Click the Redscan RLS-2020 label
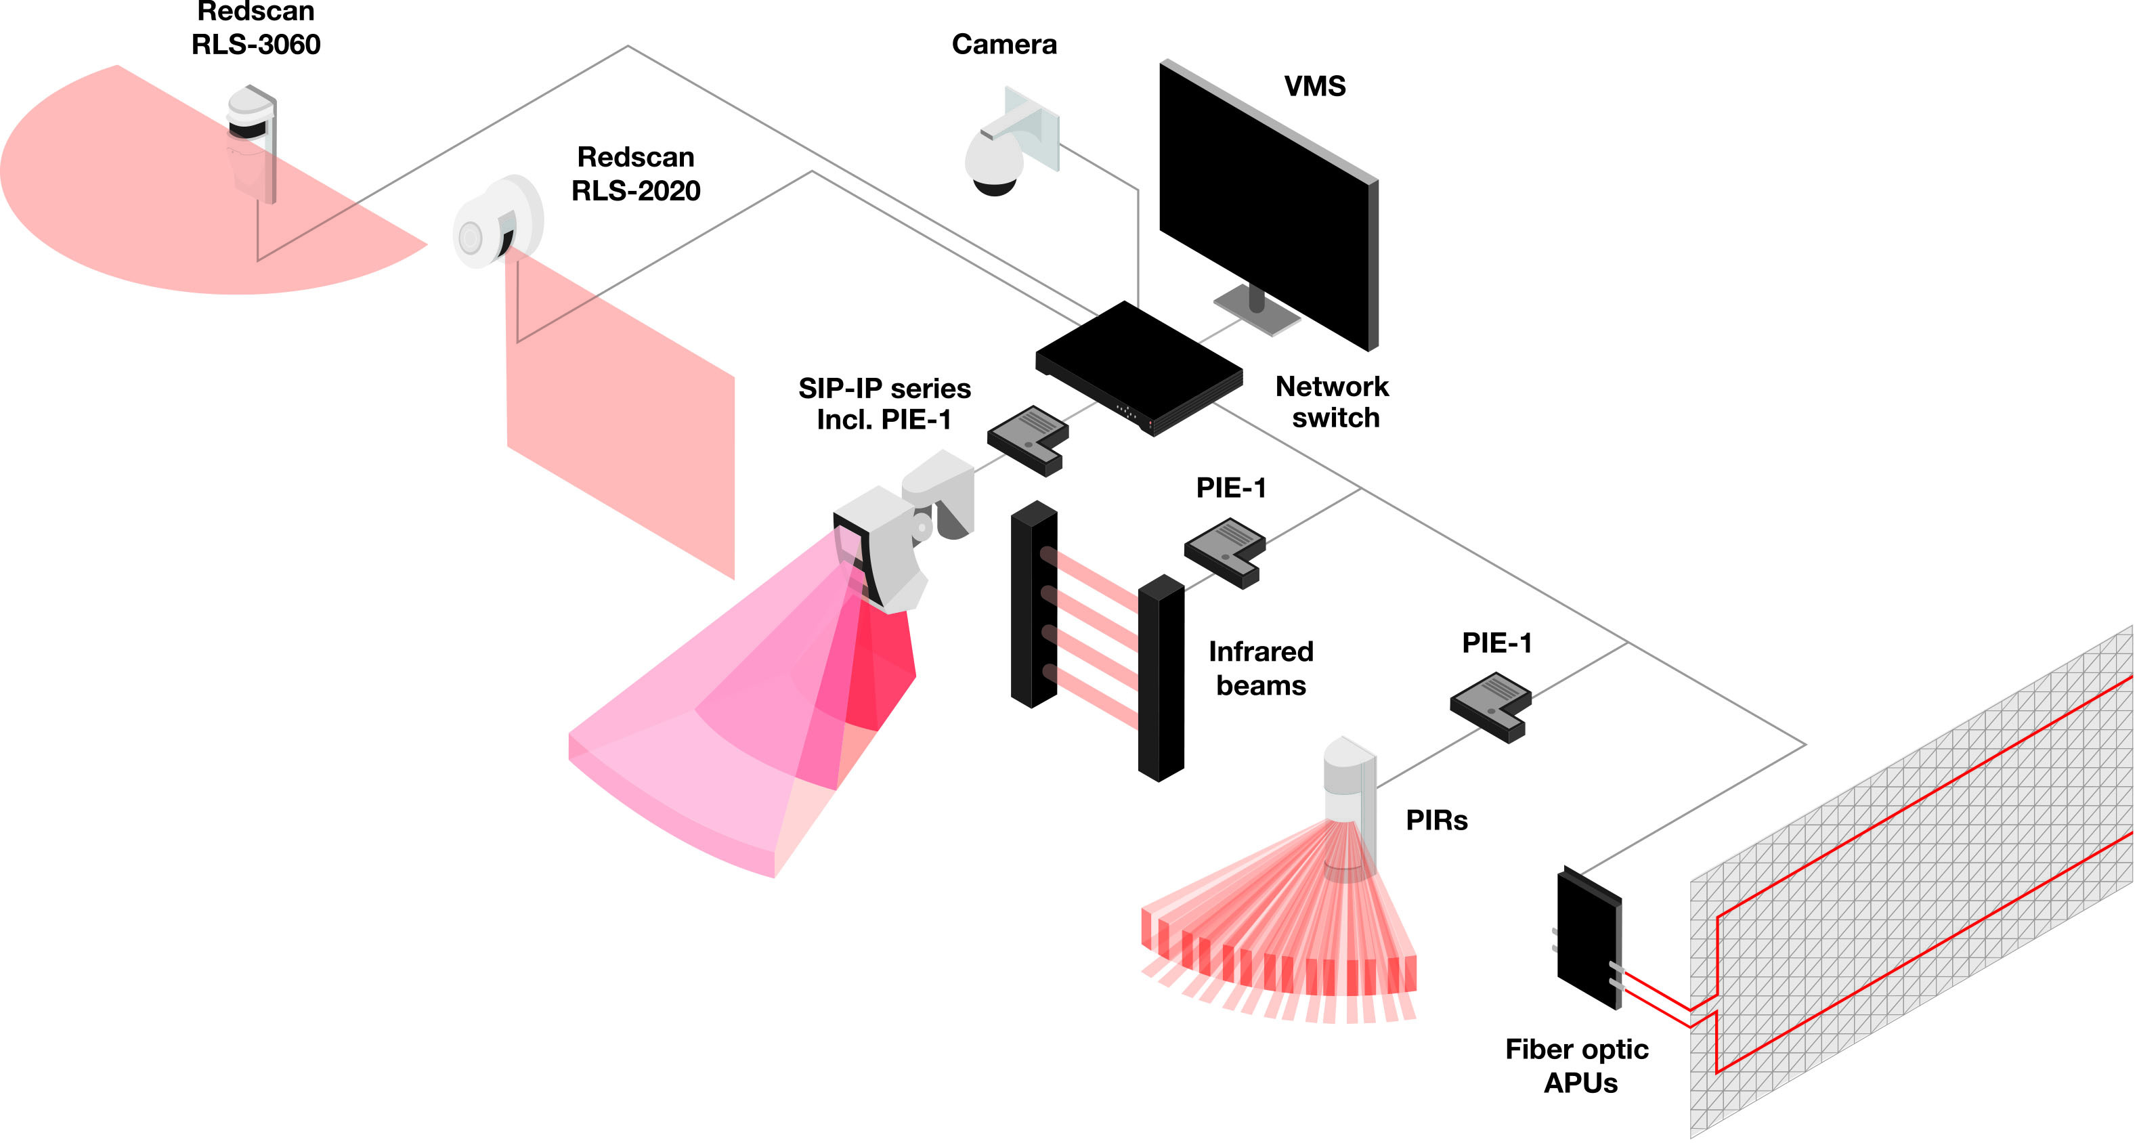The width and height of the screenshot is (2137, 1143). [x=635, y=174]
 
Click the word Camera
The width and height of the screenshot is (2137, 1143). [x=1003, y=44]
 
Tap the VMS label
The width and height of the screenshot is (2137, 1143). [x=1314, y=85]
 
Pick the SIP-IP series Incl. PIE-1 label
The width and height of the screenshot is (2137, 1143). [x=884, y=404]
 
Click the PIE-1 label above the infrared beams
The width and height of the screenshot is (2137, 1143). [x=1230, y=488]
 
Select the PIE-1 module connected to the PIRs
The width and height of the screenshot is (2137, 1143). [x=1490, y=706]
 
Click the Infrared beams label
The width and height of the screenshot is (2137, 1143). [x=1260, y=668]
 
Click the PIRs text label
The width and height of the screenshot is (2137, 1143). [x=1436, y=820]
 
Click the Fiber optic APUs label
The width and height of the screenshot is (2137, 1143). [x=1577, y=1066]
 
